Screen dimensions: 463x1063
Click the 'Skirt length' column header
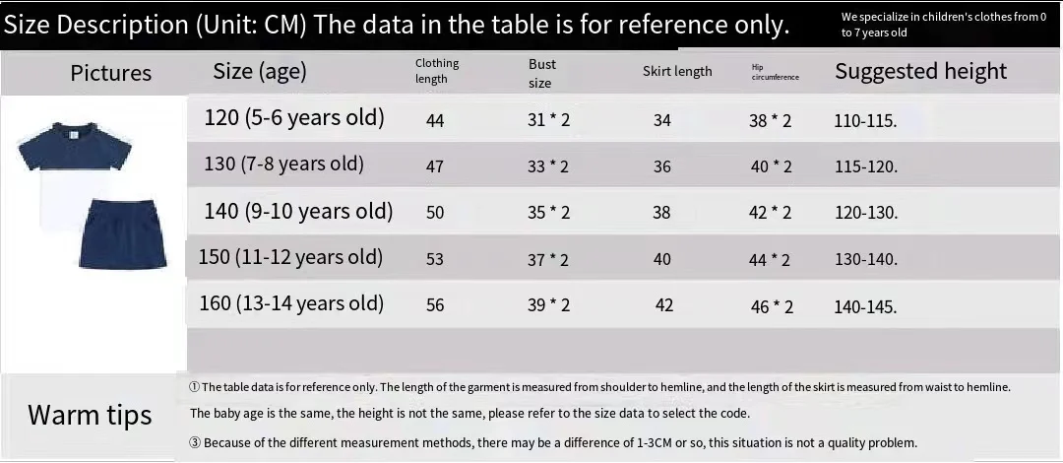point(677,72)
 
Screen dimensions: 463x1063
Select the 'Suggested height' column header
point(920,71)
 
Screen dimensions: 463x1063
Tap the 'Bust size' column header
point(541,73)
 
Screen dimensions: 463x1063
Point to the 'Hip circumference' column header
point(775,72)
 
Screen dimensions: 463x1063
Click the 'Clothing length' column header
point(437,71)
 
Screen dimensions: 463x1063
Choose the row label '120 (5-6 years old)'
point(294,118)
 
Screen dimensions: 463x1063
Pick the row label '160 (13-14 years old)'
point(291,303)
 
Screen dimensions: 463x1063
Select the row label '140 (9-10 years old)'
point(298,211)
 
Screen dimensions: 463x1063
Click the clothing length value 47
point(435,166)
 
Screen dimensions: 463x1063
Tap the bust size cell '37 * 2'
point(548,259)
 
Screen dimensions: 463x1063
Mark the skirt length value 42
point(664,305)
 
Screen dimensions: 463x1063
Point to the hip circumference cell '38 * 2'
point(770,121)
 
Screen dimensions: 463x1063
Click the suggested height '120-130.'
point(866,213)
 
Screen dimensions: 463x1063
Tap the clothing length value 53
point(435,259)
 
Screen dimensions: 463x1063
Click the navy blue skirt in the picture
point(123,232)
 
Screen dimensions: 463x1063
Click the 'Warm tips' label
point(90,415)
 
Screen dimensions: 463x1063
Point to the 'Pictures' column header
point(110,73)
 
